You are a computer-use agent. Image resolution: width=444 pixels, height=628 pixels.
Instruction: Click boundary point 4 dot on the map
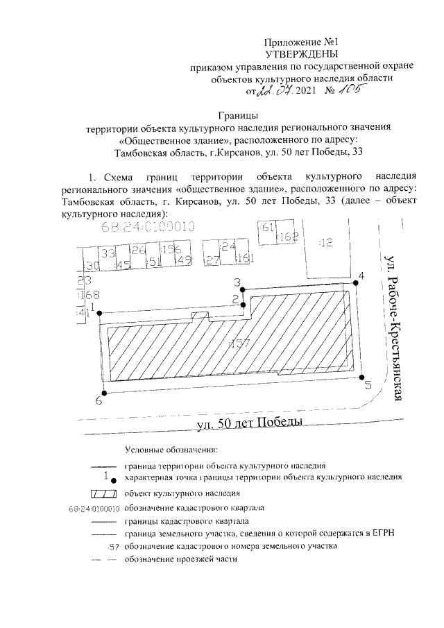(x=354, y=283)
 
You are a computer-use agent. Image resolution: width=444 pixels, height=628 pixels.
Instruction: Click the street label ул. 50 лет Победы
(x=249, y=423)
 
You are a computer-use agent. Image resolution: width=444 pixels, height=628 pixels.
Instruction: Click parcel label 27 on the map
(x=212, y=260)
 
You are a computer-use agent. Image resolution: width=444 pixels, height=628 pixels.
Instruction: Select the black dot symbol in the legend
(x=112, y=480)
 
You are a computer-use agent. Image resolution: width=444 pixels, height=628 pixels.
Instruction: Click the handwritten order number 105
(x=338, y=91)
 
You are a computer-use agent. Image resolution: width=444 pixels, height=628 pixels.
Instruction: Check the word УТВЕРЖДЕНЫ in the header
(x=303, y=53)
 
